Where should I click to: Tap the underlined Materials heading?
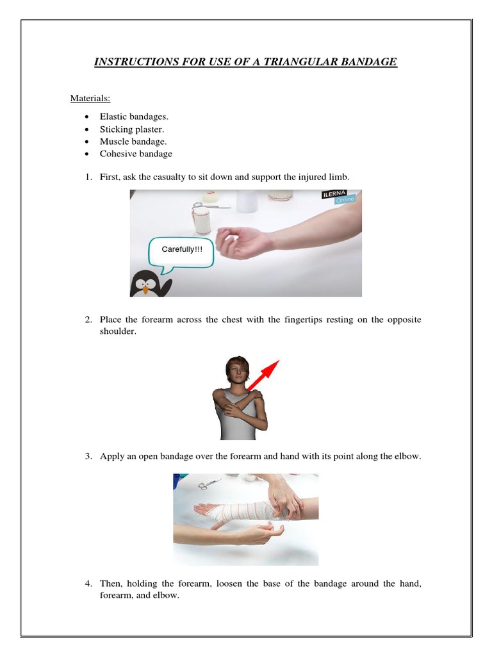[x=90, y=98]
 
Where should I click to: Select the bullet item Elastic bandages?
[x=134, y=117]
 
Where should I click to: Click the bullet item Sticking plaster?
[x=132, y=129]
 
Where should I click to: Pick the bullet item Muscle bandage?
[x=133, y=142]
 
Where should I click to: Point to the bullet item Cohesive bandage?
[x=136, y=154]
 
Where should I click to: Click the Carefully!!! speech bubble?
[x=181, y=250]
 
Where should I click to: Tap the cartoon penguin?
[x=150, y=283]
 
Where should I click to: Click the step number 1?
[x=89, y=176]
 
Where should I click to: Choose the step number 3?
[x=89, y=457]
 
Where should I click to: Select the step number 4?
[x=89, y=584]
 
